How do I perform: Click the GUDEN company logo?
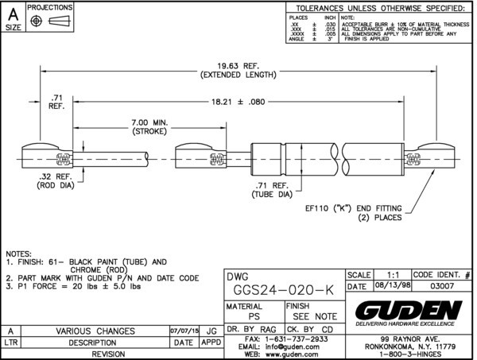pos(408,308)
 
